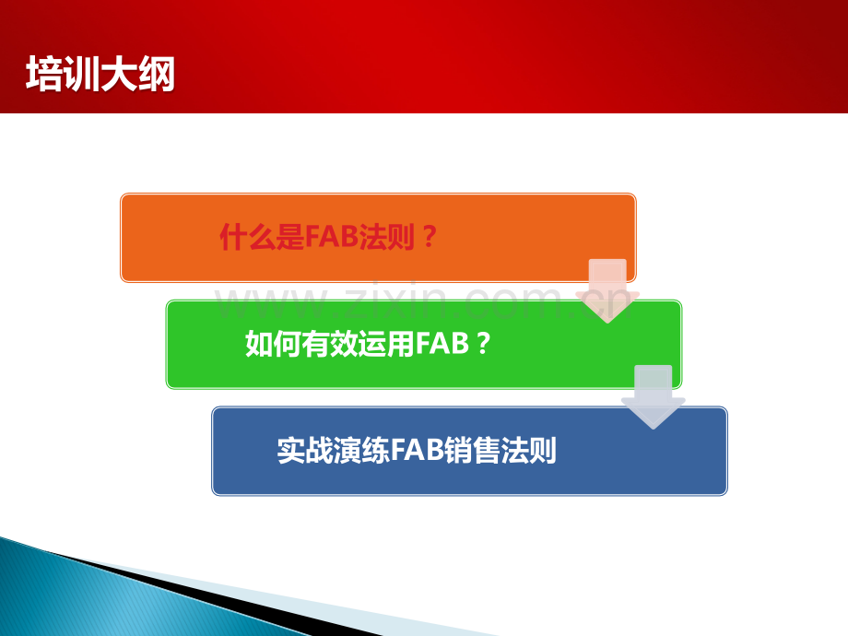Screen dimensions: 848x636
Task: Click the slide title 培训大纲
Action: click(100, 74)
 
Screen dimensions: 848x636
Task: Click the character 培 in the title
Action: click(44, 74)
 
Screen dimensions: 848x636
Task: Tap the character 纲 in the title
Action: click(157, 74)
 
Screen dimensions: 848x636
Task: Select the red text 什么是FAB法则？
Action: click(328, 237)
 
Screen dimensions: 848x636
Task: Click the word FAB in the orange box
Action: click(332, 237)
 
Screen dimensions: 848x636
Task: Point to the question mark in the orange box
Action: click(429, 237)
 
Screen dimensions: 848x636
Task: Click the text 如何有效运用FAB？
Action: click(368, 344)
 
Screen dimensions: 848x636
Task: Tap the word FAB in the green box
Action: click(442, 344)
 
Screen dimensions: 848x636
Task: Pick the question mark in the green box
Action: click(483, 344)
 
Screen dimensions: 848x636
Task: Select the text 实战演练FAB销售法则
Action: click(417, 450)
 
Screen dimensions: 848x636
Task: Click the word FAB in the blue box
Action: click(417, 450)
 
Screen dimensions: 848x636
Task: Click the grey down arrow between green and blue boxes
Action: click(654, 397)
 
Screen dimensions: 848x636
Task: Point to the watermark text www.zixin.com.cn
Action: click(426, 302)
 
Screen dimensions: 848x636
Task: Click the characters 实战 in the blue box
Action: click(304, 450)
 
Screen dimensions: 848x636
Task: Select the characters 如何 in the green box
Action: click(273, 344)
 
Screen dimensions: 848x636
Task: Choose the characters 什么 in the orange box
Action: click(247, 237)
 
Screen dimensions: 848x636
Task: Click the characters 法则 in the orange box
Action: click(387, 237)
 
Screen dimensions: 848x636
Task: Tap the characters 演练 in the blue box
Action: click(361, 450)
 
